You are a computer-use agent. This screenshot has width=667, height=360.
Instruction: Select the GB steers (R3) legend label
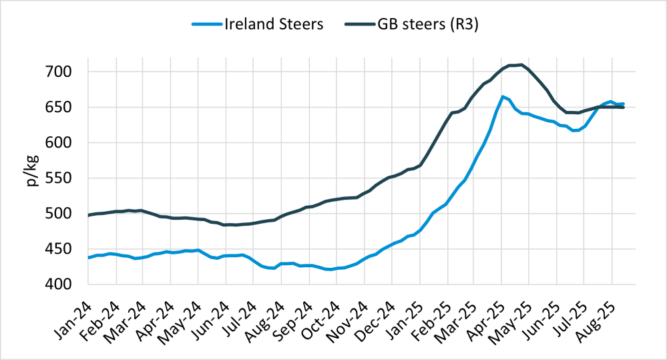427,24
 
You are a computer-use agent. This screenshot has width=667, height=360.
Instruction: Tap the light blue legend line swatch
206,24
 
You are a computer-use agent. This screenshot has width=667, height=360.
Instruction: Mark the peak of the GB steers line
521,65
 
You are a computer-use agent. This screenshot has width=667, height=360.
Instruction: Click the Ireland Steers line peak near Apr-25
502,96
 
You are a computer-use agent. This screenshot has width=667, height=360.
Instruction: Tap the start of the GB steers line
89,215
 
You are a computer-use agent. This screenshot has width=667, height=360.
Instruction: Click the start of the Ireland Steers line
89,257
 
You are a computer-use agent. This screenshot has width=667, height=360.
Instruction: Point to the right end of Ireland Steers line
623,104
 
